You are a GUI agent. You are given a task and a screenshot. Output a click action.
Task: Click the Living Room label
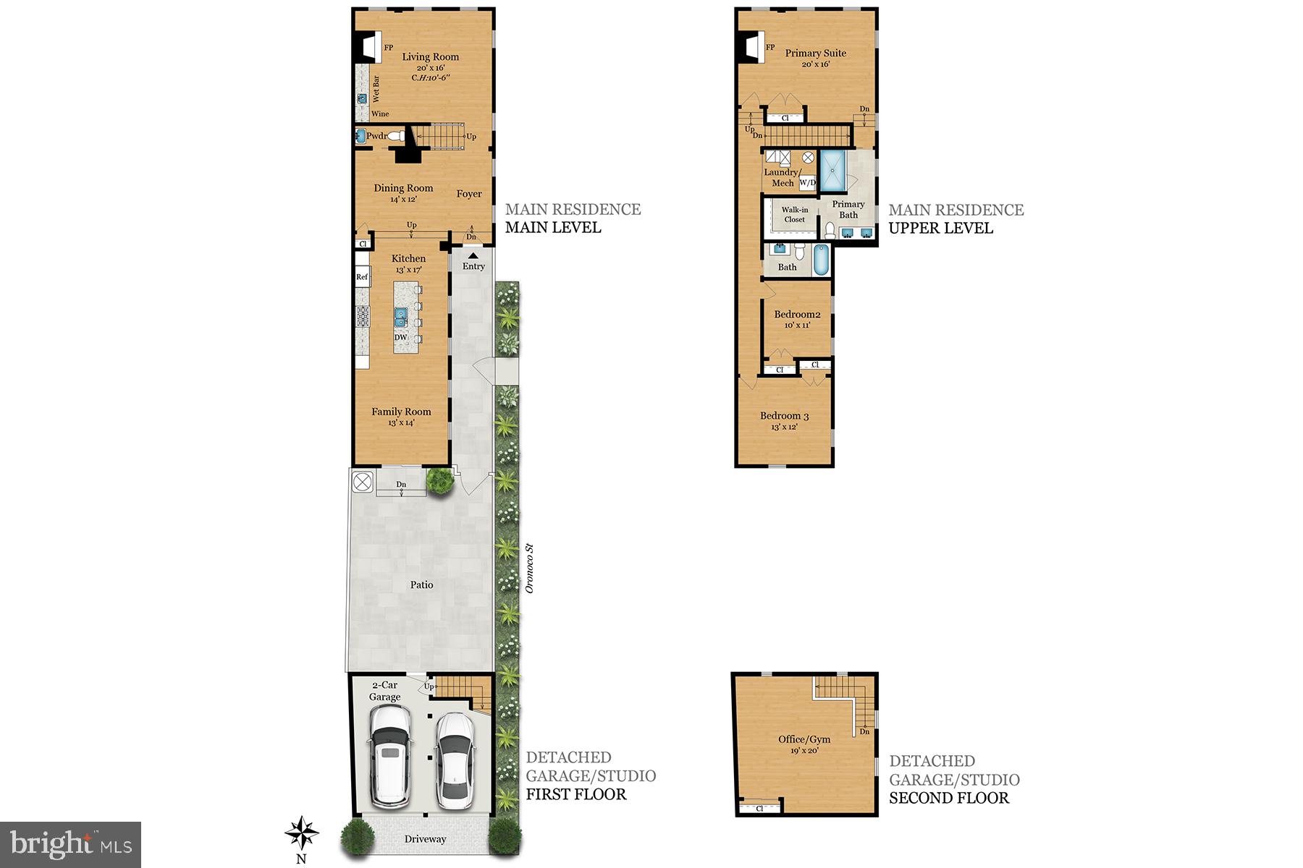click(x=430, y=57)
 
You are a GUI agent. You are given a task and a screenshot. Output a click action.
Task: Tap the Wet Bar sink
click(x=362, y=98)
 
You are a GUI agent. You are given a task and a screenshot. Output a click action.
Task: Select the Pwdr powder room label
click(x=376, y=136)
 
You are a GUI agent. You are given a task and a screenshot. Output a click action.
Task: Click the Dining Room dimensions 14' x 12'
click(x=403, y=199)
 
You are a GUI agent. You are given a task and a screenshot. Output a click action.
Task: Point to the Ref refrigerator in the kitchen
click(x=362, y=277)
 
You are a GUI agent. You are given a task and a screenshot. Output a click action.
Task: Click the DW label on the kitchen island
click(x=400, y=338)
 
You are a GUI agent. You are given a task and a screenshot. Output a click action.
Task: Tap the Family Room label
click(x=401, y=412)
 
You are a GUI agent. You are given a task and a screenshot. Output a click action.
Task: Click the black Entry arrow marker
click(x=473, y=255)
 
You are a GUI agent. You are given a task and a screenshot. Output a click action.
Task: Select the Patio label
click(x=421, y=584)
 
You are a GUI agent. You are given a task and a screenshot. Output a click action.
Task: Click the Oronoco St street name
click(x=529, y=569)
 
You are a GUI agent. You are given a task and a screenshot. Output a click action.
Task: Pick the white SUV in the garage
click(x=389, y=756)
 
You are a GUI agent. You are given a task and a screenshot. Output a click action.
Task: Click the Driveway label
click(x=425, y=839)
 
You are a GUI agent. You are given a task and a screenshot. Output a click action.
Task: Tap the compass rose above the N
click(x=301, y=833)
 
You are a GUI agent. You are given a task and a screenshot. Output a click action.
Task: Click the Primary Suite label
click(x=815, y=53)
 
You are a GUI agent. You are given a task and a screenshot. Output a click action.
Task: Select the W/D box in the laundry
click(x=807, y=182)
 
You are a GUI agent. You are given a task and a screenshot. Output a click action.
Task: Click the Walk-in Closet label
click(x=794, y=215)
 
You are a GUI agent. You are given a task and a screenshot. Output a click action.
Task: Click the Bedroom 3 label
click(x=784, y=416)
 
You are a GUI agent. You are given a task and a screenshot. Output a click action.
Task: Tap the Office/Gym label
click(x=804, y=739)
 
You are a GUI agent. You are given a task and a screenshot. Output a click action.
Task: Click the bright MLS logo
click(x=70, y=844)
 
